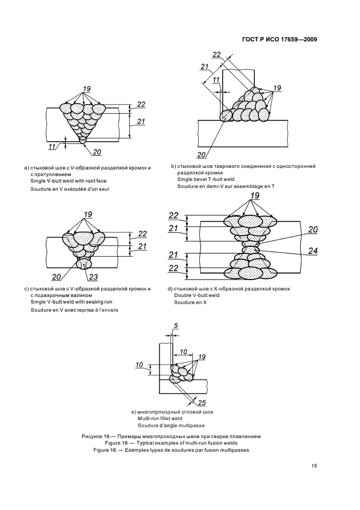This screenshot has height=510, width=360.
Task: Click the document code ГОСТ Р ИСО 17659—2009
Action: [280, 39]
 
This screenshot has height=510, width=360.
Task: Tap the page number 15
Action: [314, 466]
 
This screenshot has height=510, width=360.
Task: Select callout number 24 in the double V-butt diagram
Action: [313, 251]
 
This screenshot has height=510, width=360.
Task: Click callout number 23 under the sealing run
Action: [93, 277]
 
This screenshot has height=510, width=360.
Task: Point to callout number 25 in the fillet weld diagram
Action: [202, 403]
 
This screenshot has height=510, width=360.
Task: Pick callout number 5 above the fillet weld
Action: [176, 326]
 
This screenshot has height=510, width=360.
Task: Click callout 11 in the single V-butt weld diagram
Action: [52, 147]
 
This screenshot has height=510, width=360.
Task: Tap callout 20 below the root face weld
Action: [97, 152]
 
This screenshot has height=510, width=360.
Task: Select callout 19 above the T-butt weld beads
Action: [277, 88]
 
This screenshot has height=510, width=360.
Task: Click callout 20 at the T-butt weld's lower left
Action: [202, 154]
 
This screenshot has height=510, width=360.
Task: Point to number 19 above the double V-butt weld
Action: [255, 195]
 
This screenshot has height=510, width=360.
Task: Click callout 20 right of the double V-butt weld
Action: [313, 229]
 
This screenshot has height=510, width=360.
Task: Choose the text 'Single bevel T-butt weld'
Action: [206, 179]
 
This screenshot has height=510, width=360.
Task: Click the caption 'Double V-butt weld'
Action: [197, 295]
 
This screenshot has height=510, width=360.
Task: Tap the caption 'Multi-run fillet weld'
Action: [160, 418]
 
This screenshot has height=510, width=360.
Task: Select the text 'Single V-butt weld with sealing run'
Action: [71, 302]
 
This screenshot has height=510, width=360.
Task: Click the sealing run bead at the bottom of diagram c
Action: [84, 264]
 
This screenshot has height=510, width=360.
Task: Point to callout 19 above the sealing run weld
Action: [88, 214]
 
